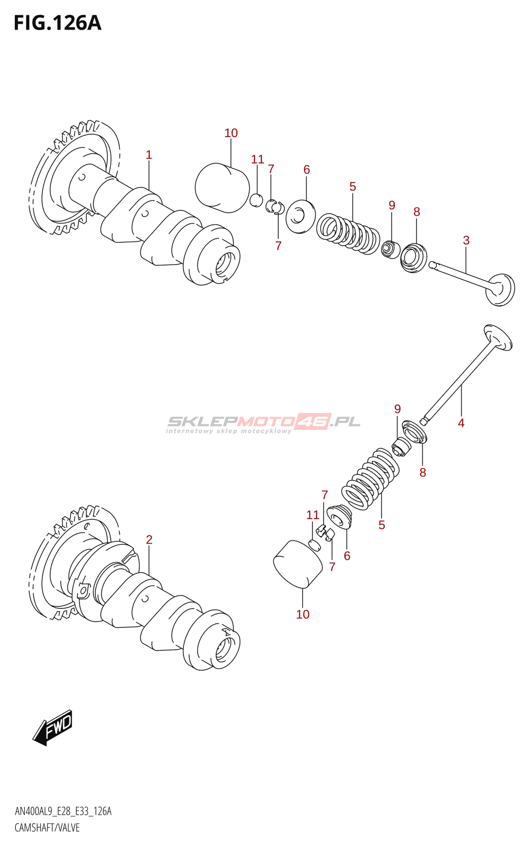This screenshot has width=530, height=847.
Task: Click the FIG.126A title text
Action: [x=57, y=23]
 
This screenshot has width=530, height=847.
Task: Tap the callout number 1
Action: [x=149, y=155]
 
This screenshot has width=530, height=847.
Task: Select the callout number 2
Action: [x=149, y=539]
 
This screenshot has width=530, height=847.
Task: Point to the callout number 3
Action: [x=466, y=240]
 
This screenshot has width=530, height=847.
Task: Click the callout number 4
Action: [x=461, y=423]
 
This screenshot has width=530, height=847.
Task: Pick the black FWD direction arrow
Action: [x=52, y=727]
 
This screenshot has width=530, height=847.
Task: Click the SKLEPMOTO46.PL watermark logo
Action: [x=263, y=423]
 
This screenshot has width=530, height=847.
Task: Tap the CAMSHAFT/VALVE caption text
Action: [x=47, y=828]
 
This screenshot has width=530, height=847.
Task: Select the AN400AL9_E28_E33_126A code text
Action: [x=63, y=812]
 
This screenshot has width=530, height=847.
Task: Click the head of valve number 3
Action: [x=501, y=289]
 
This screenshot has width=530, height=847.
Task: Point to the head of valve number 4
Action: [x=498, y=337]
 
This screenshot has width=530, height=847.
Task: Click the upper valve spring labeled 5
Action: [x=348, y=233]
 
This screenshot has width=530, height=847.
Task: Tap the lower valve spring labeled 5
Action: [x=371, y=479]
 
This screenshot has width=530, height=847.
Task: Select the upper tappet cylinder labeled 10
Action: [x=222, y=187]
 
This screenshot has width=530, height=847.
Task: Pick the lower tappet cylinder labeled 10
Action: [x=298, y=564]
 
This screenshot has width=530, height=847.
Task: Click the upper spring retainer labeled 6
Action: [x=301, y=215]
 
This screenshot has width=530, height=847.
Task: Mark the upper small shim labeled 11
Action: [x=256, y=201]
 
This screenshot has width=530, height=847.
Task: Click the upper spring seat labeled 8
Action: [x=414, y=258]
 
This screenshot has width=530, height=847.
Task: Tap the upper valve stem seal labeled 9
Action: [x=391, y=248]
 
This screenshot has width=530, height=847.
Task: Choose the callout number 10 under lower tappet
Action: [x=303, y=615]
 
